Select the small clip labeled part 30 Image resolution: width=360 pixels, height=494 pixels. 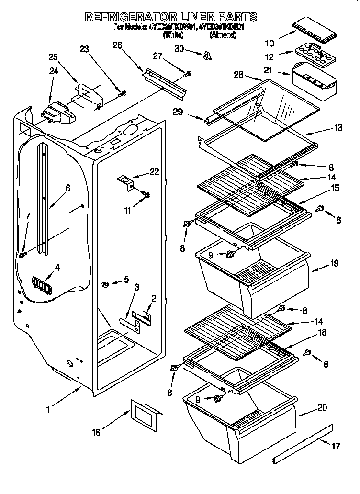coord(207,56)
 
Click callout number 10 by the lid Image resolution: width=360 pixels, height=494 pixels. coord(270,44)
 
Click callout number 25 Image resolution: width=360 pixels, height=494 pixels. coord(53,57)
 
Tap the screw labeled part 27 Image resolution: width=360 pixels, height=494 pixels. coord(188,73)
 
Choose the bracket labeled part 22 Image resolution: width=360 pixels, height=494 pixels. coord(126,182)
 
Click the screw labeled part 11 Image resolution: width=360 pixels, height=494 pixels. coord(147,194)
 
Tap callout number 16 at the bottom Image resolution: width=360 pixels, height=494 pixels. coord(96,432)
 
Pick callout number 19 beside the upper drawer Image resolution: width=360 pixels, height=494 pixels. coord(334,263)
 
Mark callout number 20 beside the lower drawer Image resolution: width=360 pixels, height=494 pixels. coord(322,408)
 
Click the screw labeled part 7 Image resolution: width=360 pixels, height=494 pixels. coord(22,256)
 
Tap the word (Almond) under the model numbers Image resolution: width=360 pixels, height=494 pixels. coord(223,35)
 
